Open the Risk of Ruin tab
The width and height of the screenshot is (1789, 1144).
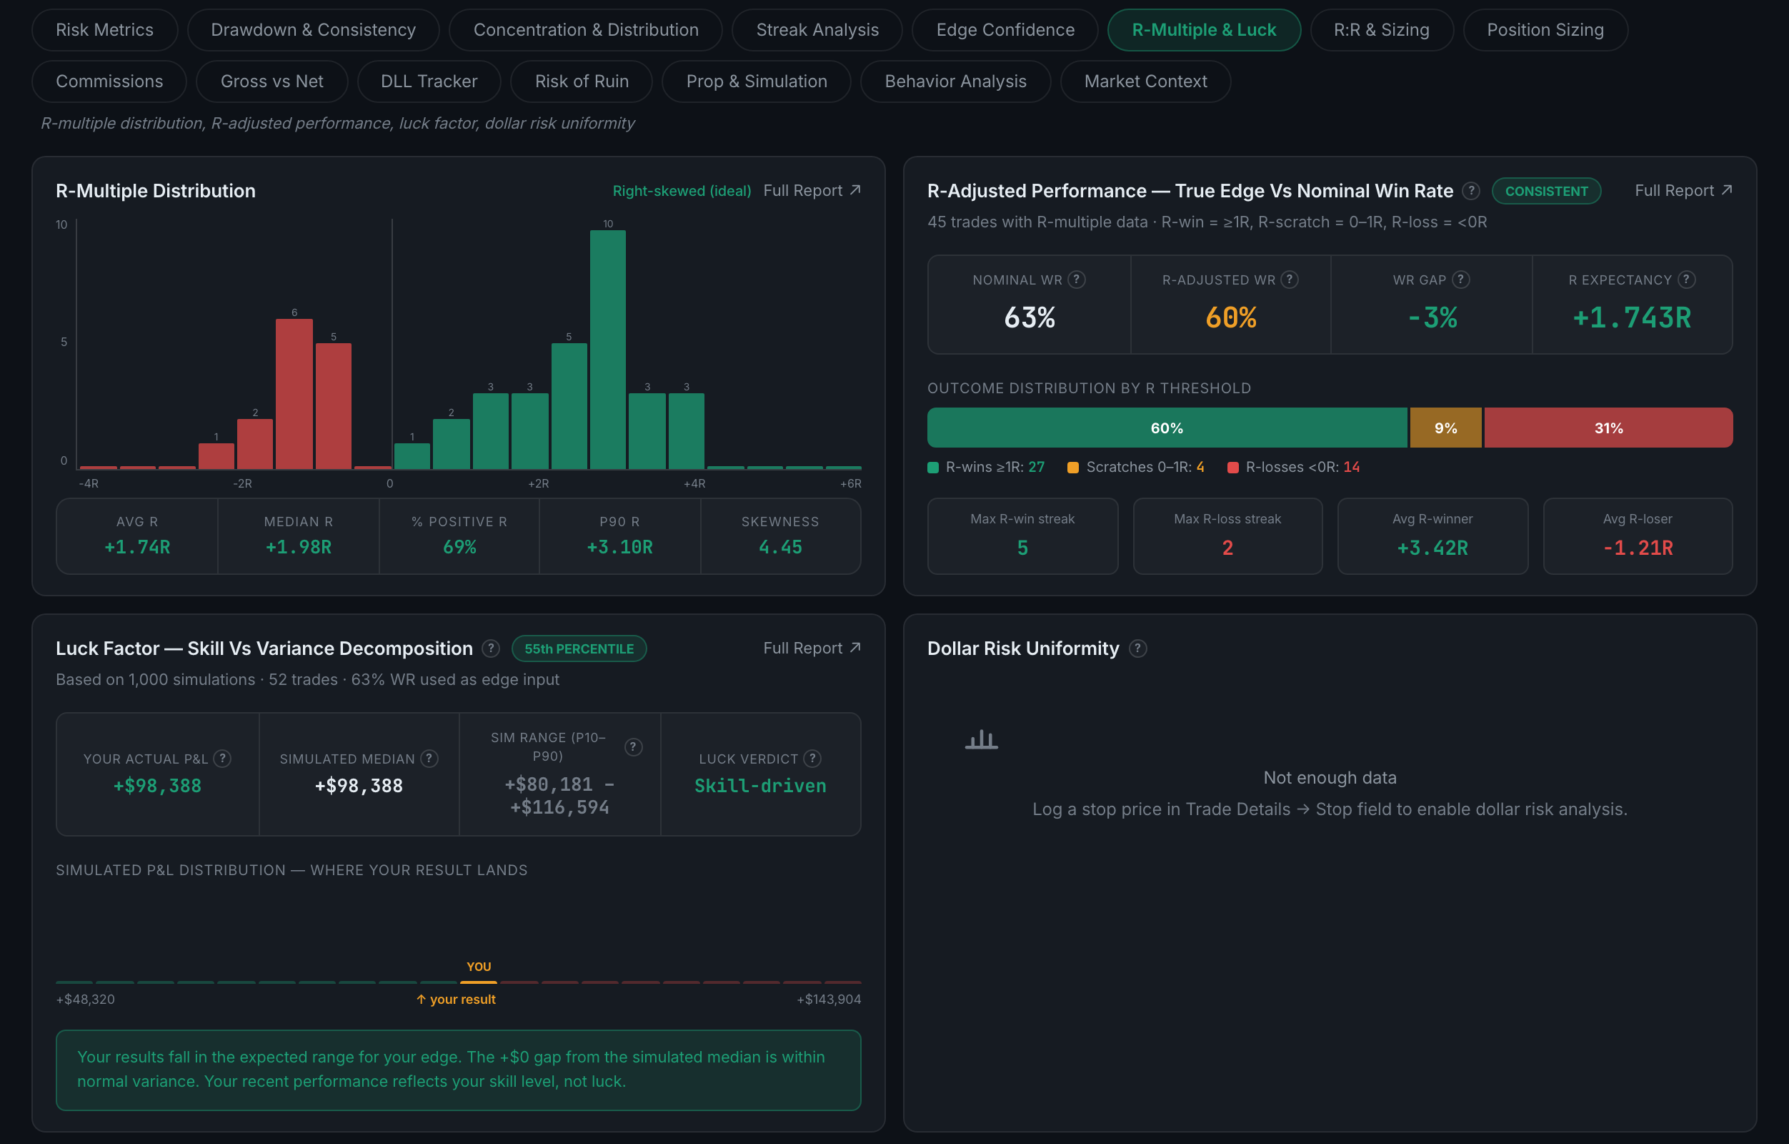pyautogui.click(x=582, y=81)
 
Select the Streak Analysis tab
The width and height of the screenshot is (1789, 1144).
pyautogui.click(x=817, y=30)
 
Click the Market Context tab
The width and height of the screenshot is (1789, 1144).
pyautogui.click(x=1145, y=81)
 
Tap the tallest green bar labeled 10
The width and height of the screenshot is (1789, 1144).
pyautogui.click(x=608, y=350)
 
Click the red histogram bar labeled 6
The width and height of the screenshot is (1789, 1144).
pyautogui.click(x=294, y=394)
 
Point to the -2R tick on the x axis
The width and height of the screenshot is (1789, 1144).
pyautogui.click(x=242, y=483)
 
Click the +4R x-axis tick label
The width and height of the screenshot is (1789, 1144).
pyautogui.click(x=694, y=483)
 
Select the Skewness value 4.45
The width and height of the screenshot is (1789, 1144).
pyautogui.click(x=780, y=547)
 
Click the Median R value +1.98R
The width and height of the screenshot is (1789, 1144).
pyautogui.click(x=299, y=547)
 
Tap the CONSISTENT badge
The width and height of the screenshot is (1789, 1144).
pyautogui.click(x=1546, y=191)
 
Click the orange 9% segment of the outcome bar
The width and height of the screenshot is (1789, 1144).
pyautogui.click(x=1445, y=428)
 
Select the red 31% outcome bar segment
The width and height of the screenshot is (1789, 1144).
pyautogui.click(x=1608, y=428)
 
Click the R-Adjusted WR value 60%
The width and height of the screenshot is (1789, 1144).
pyautogui.click(x=1230, y=318)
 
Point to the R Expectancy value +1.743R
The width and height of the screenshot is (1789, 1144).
pyautogui.click(x=1632, y=318)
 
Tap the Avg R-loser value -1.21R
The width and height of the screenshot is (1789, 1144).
pyautogui.click(x=1638, y=548)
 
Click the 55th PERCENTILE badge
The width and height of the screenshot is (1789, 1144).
pyautogui.click(x=579, y=649)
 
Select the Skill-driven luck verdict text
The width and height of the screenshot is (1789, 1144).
pyautogui.click(x=760, y=786)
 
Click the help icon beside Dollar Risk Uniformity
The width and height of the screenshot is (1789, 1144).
pyautogui.click(x=1137, y=649)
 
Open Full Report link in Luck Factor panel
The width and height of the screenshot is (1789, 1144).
pyautogui.click(x=812, y=649)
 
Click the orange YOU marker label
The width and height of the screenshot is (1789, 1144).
pyautogui.click(x=479, y=967)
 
